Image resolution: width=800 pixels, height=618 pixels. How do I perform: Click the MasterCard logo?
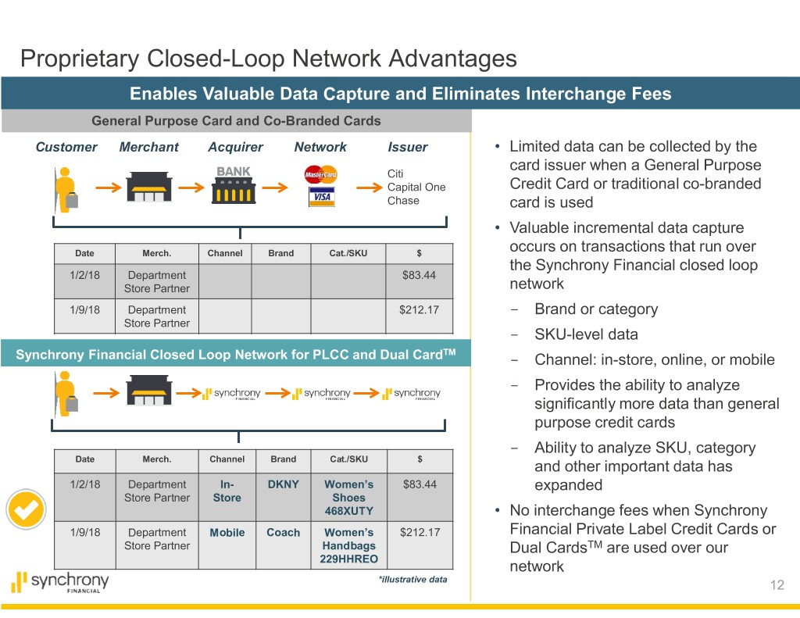coord(320,174)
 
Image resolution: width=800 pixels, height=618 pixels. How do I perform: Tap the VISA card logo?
coord(321,197)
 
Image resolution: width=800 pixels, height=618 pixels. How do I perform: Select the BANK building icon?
coord(234,185)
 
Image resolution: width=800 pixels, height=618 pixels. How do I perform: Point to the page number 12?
coord(776,585)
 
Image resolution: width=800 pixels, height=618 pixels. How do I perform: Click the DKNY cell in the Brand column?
coord(283,484)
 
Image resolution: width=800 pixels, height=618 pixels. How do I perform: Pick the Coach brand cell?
coord(283,533)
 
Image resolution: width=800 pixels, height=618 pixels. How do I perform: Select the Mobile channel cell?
coord(227,533)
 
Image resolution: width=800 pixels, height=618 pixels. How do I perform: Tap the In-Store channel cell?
coord(227,491)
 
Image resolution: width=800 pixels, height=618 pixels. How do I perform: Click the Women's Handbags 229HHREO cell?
coord(348,545)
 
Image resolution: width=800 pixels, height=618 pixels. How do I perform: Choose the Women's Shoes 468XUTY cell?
coord(348,498)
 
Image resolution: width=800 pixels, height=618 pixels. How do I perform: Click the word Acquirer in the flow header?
coord(235,147)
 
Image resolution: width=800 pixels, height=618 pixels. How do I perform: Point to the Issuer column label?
coord(407,147)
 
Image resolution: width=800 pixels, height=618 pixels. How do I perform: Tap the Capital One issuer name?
coord(416,188)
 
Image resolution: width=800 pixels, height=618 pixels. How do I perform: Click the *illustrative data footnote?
coord(412,580)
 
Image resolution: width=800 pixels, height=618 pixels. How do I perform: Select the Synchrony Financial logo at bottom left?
coord(60,583)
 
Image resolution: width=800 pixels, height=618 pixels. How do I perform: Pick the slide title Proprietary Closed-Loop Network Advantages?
coord(268,59)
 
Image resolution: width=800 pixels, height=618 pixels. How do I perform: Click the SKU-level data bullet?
coord(586,334)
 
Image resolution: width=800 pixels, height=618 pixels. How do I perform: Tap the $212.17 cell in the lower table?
coord(420,533)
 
